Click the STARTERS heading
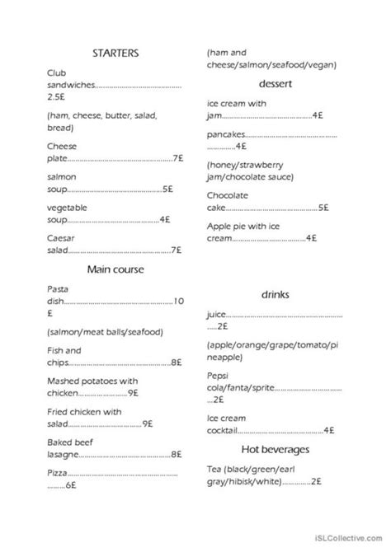click(115, 52)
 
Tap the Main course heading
click(115, 269)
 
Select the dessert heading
click(271, 84)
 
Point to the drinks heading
click(272, 294)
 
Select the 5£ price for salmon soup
click(167, 189)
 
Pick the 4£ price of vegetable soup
click(164, 219)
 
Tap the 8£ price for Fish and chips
click(177, 361)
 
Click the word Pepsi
click(219, 375)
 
